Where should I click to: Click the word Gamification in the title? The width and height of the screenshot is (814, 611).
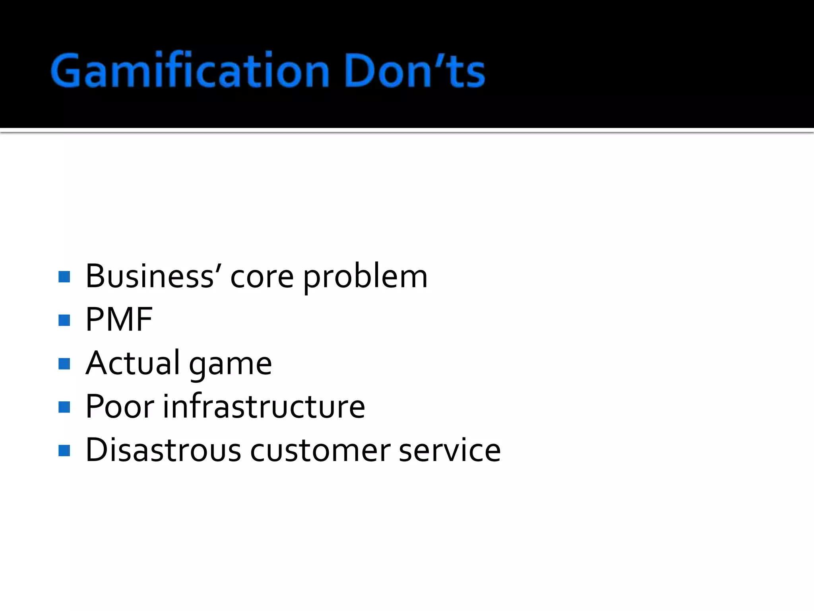tap(190, 71)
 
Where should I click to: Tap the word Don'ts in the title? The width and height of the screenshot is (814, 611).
tap(415, 71)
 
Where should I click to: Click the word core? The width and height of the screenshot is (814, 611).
tap(262, 277)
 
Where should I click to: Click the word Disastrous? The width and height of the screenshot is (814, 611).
tap(163, 450)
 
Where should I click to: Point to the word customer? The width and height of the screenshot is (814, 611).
tap(320, 451)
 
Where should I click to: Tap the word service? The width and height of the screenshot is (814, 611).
tap(450, 450)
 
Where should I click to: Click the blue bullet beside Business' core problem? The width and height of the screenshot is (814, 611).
tap(64, 277)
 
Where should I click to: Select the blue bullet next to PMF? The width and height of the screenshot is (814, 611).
tap(64, 320)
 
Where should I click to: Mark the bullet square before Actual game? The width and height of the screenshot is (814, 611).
tap(64, 364)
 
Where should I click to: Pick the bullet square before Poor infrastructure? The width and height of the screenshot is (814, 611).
tap(64, 407)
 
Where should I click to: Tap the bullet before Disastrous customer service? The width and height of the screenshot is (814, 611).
tap(64, 451)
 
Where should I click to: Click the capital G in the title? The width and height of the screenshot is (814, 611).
tap(66, 71)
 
